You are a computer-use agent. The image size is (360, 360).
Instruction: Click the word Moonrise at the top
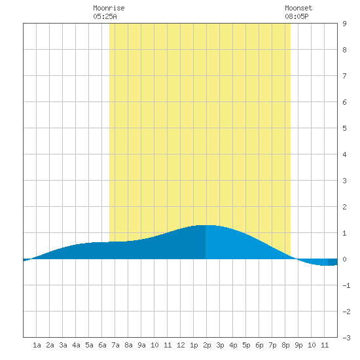pyautogui.click(x=109, y=8)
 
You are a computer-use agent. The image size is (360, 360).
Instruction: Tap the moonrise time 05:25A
pyautogui.click(x=105, y=16)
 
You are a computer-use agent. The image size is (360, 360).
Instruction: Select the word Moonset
pyautogui.click(x=298, y=8)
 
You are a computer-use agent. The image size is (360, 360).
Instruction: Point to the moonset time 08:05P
pyautogui.click(x=297, y=16)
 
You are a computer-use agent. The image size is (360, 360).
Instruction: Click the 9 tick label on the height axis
pyautogui.click(x=344, y=24)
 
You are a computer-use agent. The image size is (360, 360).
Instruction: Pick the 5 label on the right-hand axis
pyautogui.click(x=344, y=128)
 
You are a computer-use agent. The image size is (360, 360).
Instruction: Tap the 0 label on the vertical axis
pyautogui.click(x=344, y=259)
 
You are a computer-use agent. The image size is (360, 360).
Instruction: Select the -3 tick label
pyautogui.click(x=346, y=338)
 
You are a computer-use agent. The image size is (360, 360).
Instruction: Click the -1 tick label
pyautogui.click(x=346, y=285)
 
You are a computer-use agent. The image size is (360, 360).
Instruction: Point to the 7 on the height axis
pyautogui.click(x=344, y=76)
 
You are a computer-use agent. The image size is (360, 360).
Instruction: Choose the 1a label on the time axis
pyautogui.click(x=37, y=345)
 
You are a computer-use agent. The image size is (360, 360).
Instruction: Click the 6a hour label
pyautogui.click(x=102, y=345)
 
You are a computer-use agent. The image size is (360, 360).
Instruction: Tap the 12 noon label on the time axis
pyautogui.click(x=181, y=345)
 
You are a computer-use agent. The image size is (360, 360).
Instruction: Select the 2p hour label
pyautogui.click(x=207, y=345)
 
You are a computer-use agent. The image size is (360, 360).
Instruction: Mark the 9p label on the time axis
pyautogui.click(x=298, y=345)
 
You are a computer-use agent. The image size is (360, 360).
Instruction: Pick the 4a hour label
pyautogui.click(x=76, y=345)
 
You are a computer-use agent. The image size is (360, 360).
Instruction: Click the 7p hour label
pyautogui.click(x=272, y=345)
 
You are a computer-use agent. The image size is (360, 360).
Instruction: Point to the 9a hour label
pyautogui.click(x=141, y=345)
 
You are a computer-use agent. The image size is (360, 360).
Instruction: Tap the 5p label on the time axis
pyautogui.click(x=246, y=345)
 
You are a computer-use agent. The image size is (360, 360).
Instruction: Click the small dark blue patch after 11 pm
pyautogui.click(x=333, y=262)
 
